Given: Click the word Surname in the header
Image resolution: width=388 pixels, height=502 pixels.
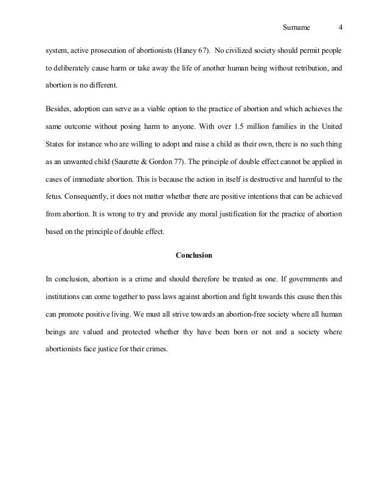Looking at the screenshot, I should coord(297,27).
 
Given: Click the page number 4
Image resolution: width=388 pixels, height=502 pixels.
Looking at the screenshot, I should coord(340,27).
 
